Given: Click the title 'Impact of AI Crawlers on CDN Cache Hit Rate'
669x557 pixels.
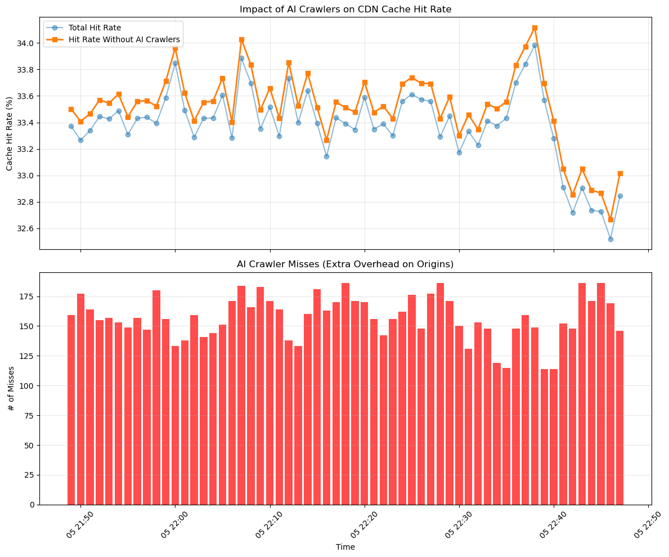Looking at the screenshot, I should (345, 9).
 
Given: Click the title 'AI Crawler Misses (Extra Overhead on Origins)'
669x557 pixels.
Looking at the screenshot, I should (345, 264).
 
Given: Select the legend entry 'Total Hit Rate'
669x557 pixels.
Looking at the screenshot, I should (94, 27).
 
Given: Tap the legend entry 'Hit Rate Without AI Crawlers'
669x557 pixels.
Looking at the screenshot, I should (124, 39).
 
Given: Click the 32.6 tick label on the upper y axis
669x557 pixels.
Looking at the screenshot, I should (26, 229).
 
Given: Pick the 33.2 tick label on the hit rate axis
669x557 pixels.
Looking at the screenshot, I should (26, 150).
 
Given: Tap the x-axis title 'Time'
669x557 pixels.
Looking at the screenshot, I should (345, 547).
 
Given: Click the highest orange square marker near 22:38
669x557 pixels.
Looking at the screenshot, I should (535, 28).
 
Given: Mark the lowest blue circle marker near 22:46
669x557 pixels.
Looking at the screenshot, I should (610, 239).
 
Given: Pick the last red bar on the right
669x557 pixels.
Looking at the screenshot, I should (620, 417).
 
